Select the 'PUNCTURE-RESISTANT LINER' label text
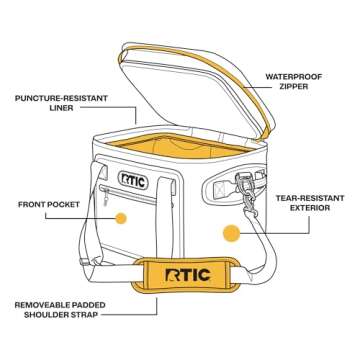coord(53,105)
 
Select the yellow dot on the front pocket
coord(121,217)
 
